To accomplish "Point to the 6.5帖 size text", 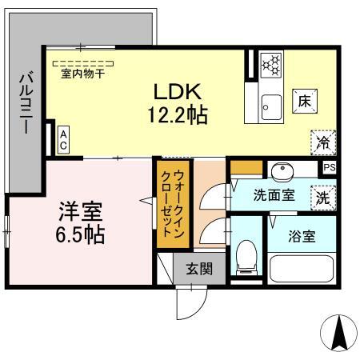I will tap(80, 236).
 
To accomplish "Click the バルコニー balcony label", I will tap(25, 103).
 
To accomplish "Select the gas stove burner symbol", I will tap(271, 63).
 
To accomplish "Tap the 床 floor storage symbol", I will tap(305, 102).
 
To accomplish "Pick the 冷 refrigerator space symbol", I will tap(323, 142).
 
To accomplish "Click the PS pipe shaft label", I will tap(329, 167).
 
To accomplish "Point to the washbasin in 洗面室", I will tap(282, 172).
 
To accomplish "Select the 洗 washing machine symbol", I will tap(322, 195).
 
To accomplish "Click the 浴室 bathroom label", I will tap(302, 236).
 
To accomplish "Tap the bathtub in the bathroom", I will tap(301, 267).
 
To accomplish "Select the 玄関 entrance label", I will tap(199, 268).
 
